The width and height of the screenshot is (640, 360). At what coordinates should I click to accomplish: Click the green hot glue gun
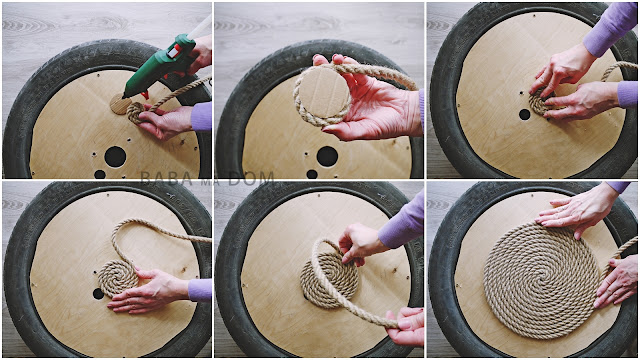[159, 65]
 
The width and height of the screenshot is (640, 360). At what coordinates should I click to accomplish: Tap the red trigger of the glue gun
[145, 95]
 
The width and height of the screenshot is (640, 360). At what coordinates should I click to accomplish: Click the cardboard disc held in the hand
[323, 92]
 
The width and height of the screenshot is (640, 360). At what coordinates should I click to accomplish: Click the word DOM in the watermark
[251, 179]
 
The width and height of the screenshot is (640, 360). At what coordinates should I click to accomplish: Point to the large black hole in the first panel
[115, 157]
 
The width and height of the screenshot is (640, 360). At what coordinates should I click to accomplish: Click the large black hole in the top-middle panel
[327, 156]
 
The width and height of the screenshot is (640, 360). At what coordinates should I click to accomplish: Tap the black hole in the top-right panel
[524, 114]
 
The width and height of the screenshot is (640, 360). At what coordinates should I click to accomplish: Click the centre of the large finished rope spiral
[542, 280]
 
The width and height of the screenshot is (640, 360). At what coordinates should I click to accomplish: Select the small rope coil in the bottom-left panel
[118, 278]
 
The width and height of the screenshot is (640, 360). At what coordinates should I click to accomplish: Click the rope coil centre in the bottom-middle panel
[330, 274]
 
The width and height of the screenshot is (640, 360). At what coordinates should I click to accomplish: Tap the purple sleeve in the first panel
[201, 116]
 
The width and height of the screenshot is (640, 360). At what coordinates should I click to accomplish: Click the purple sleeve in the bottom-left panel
[200, 290]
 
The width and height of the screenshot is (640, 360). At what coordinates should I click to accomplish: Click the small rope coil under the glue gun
[136, 112]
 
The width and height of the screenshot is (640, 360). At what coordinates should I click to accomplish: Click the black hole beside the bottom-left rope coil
[98, 293]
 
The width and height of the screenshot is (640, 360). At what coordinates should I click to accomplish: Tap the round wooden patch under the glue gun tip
[120, 104]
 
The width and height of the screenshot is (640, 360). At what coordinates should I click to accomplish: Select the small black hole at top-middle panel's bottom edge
[312, 174]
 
